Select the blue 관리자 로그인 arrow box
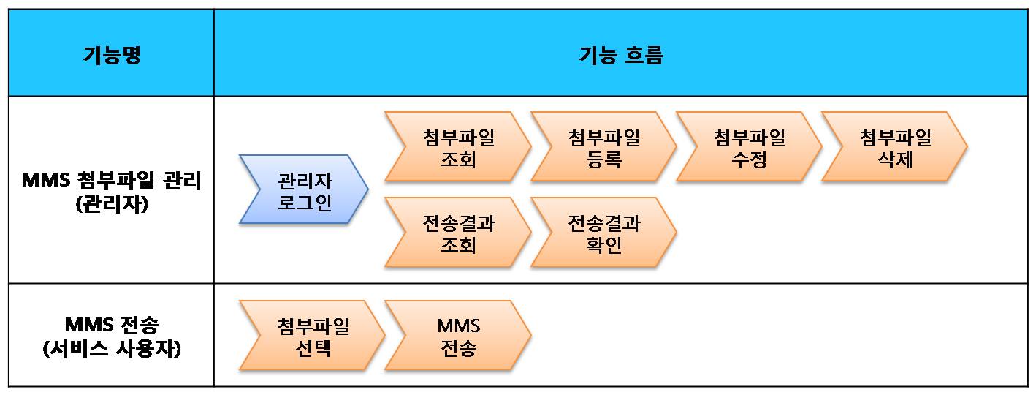coord(305,190)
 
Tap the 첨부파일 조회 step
coord(458,147)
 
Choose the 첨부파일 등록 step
coord(603,147)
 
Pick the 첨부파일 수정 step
coord(749,147)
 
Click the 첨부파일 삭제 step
coord(895,147)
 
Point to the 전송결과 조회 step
coord(458,233)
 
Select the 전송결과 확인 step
coord(603,233)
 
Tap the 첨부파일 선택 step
coord(313,336)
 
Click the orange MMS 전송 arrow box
coord(458,336)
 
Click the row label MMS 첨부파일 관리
coord(111,180)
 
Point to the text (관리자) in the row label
coord(111,204)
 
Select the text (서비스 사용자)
coord(111,349)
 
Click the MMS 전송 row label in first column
coord(111,324)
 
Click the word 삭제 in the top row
coord(895,158)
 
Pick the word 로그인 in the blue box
coord(305,201)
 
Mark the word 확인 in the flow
coord(603,244)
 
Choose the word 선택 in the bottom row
coord(313,347)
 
